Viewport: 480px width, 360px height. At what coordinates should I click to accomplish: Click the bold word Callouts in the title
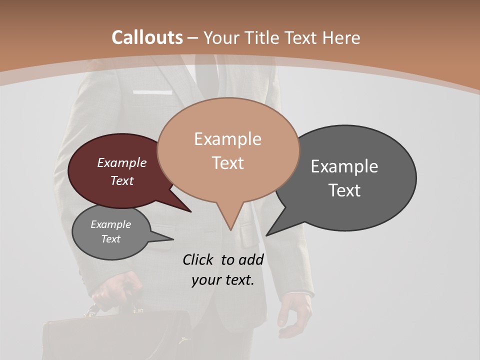tap(147, 37)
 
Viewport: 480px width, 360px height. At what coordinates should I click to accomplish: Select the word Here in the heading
tap(341, 37)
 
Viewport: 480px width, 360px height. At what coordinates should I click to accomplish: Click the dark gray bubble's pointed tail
tap(270, 232)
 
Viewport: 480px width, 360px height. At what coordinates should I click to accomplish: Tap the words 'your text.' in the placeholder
tap(223, 280)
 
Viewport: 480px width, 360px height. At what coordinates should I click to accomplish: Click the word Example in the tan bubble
tap(227, 139)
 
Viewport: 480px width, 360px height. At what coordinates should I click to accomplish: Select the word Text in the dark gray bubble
tap(345, 190)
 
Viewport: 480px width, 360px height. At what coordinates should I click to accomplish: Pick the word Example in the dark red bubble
tap(122, 162)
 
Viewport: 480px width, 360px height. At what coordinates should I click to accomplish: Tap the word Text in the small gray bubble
tap(111, 239)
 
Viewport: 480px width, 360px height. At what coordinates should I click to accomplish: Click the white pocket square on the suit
tap(152, 92)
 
